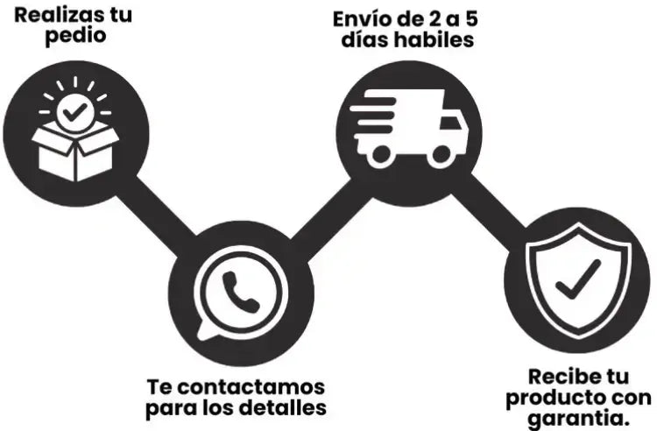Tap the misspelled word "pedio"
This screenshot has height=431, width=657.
pyautogui.click(x=75, y=36)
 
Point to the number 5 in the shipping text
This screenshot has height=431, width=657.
pyautogui.click(x=471, y=19)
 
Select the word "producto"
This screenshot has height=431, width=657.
pyautogui.click(x=551, y=399)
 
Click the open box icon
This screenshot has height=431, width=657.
pyautogui.click(x=75, y=152)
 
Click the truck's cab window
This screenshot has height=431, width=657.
pyautogui.click(x=450, y=123)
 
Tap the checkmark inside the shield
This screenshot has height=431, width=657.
pyautogui.click(x=578, y=279)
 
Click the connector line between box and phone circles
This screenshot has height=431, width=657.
pyautogui.click(x=156, y=216)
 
